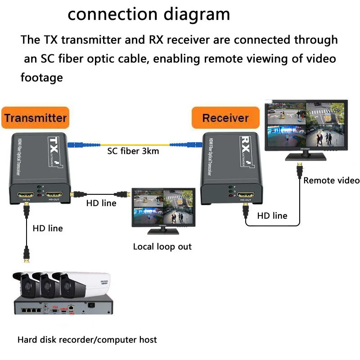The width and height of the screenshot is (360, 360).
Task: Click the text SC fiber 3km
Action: click(133, 151)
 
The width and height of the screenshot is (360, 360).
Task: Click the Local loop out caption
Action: click(162, 247)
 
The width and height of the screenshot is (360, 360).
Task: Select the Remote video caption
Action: click(331, 180)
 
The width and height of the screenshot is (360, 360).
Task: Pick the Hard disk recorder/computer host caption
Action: click(87, 339)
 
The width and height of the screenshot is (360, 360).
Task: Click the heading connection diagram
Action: click(148, 14)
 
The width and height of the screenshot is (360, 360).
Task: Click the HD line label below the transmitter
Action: click(48, 228)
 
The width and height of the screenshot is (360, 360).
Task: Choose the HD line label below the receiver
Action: click(272, 216)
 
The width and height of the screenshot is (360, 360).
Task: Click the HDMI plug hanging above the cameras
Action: click(27, 257)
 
